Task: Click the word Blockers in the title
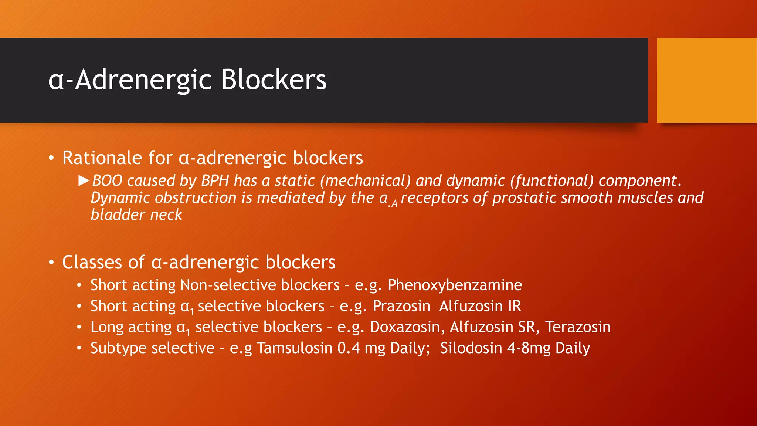pyautogui.click(x=274, y=80)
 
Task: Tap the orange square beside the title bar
pyautogui.click(x=706, y=80)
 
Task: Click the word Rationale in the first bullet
pyautogui.click(x=102, y=158)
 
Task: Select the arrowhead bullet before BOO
pyautogui.click(x=84, y=180)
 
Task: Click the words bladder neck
pyautogui.click(x=136, y=214)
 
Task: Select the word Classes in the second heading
pyautogui.click(x=92, y=262)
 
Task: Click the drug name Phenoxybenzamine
pyautogui.click(x=455, y=285)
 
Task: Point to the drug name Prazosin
pyautogui.click(x=401, y=306)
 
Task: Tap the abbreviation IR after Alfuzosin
pyautogui.click(x=514, y=306)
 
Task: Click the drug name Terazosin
pyautogui.click(x=578, y=327)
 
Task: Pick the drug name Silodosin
pyautogui.click(x=471, y=348)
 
